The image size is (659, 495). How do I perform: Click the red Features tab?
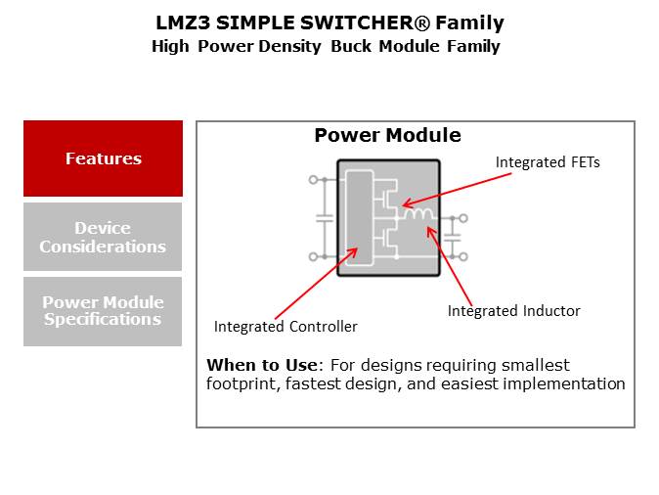tap(103, 158)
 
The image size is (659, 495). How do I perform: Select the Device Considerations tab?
tap(103, 237)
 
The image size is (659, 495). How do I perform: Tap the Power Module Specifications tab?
tap(103, 311)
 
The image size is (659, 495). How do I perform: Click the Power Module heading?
tap(387, 136)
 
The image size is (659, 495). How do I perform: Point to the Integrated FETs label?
tap(547, 162)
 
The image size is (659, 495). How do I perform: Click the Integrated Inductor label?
tap(513, 311)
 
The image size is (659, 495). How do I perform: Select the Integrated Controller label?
tap(286, 327)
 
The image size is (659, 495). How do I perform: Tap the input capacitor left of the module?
tap(324, 218)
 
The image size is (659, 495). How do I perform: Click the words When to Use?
tap(261, 366)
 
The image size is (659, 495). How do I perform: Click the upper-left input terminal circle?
tap(313, 180)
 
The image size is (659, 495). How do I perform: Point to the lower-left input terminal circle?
tap(313, 256)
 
